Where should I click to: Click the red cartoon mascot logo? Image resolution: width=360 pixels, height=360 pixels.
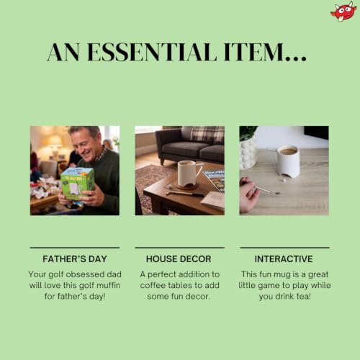point(343,12)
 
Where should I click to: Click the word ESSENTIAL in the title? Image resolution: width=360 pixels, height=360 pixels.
point(152,52)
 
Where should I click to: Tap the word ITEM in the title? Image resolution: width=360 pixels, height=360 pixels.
point(254,52)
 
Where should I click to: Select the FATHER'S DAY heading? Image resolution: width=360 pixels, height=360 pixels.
point(75,259)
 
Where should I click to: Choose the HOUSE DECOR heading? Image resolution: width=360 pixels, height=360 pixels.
point(179,259)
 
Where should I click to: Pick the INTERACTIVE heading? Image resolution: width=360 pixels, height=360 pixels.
point(284,259)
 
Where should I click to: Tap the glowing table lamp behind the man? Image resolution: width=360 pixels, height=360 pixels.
point(55,145)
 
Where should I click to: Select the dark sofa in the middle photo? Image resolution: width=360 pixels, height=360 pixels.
point(190,145)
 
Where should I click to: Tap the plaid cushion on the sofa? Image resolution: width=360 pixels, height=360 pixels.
point(207,135)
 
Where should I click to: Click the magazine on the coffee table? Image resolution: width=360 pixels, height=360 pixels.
point(214,180)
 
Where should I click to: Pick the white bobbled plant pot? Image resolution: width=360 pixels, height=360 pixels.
point(247,153)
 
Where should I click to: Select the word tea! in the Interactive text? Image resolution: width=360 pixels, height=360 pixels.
point(303,297)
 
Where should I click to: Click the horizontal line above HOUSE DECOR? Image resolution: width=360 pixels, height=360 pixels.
point(180,248)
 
